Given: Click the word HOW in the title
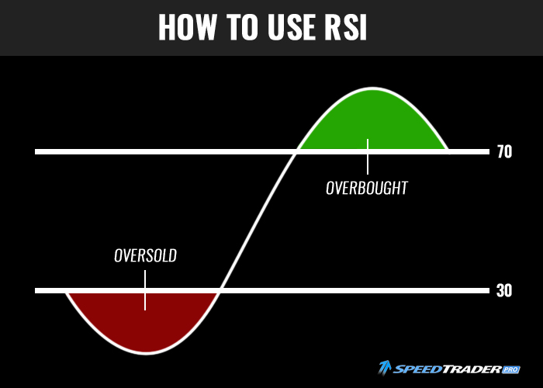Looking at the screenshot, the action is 188,27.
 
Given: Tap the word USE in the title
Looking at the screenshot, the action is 291,27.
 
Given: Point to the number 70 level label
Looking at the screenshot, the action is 504,152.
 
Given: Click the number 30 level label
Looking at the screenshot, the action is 504,291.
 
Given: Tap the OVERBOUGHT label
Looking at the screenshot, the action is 367,188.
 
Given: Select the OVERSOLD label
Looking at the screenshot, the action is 146,255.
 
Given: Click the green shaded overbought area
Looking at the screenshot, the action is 372,121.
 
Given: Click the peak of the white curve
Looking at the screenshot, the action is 372,88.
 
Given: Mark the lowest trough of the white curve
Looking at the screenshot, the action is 146,353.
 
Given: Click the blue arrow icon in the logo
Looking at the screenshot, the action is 385,368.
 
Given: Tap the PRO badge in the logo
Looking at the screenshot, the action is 510,369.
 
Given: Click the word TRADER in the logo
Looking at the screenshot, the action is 472,369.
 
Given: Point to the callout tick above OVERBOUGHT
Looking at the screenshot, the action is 368,157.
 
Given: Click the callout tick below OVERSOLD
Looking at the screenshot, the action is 145,290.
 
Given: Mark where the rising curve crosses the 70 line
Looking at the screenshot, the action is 297,152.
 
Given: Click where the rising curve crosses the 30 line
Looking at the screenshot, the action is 220,291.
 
